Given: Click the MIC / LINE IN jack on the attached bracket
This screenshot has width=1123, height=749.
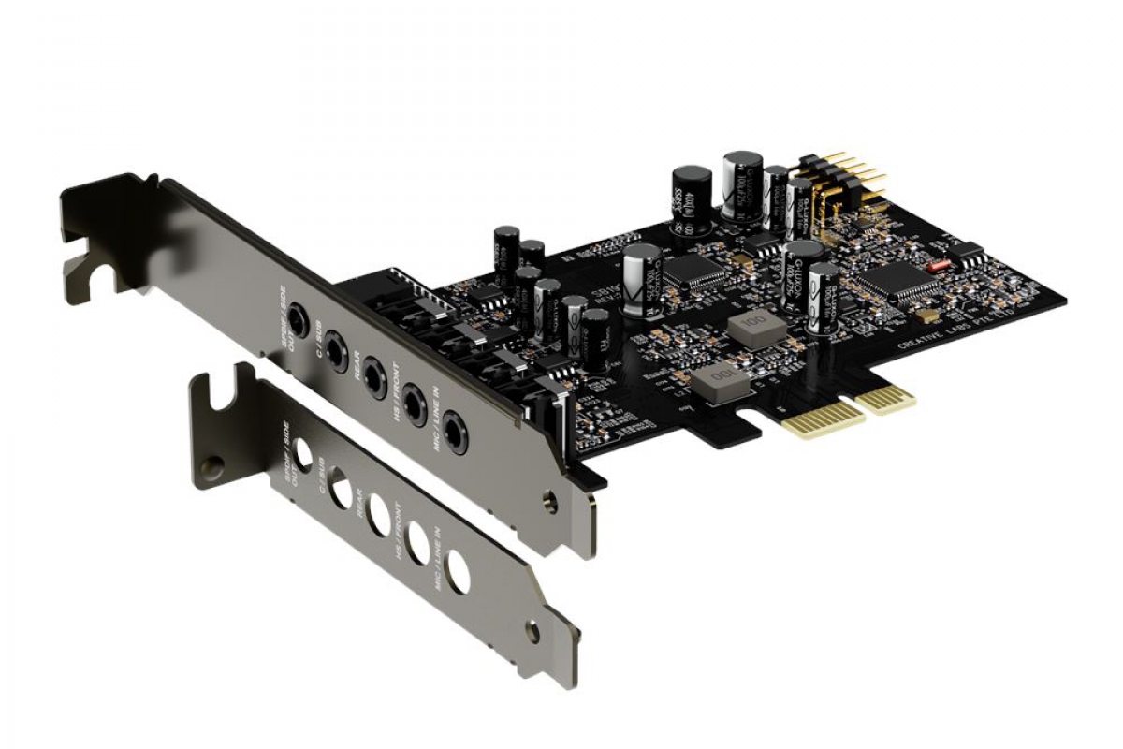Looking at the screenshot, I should pyautogui.click(x=456, y=433).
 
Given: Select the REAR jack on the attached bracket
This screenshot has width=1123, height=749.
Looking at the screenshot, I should pyautogui.click(x=374, y=377).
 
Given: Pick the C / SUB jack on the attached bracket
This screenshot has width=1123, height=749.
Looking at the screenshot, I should pyautogui.click(x=335, y=350).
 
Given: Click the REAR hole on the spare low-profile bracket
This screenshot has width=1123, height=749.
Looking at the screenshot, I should pyautogui.click(x=378, y=514).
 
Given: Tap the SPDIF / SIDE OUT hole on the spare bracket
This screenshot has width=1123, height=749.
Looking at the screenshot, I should pyautogui.click(x=302, y=455).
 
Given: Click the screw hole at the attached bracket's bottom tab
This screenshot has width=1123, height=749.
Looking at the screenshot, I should pyautogui.click(x=549, y=504).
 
